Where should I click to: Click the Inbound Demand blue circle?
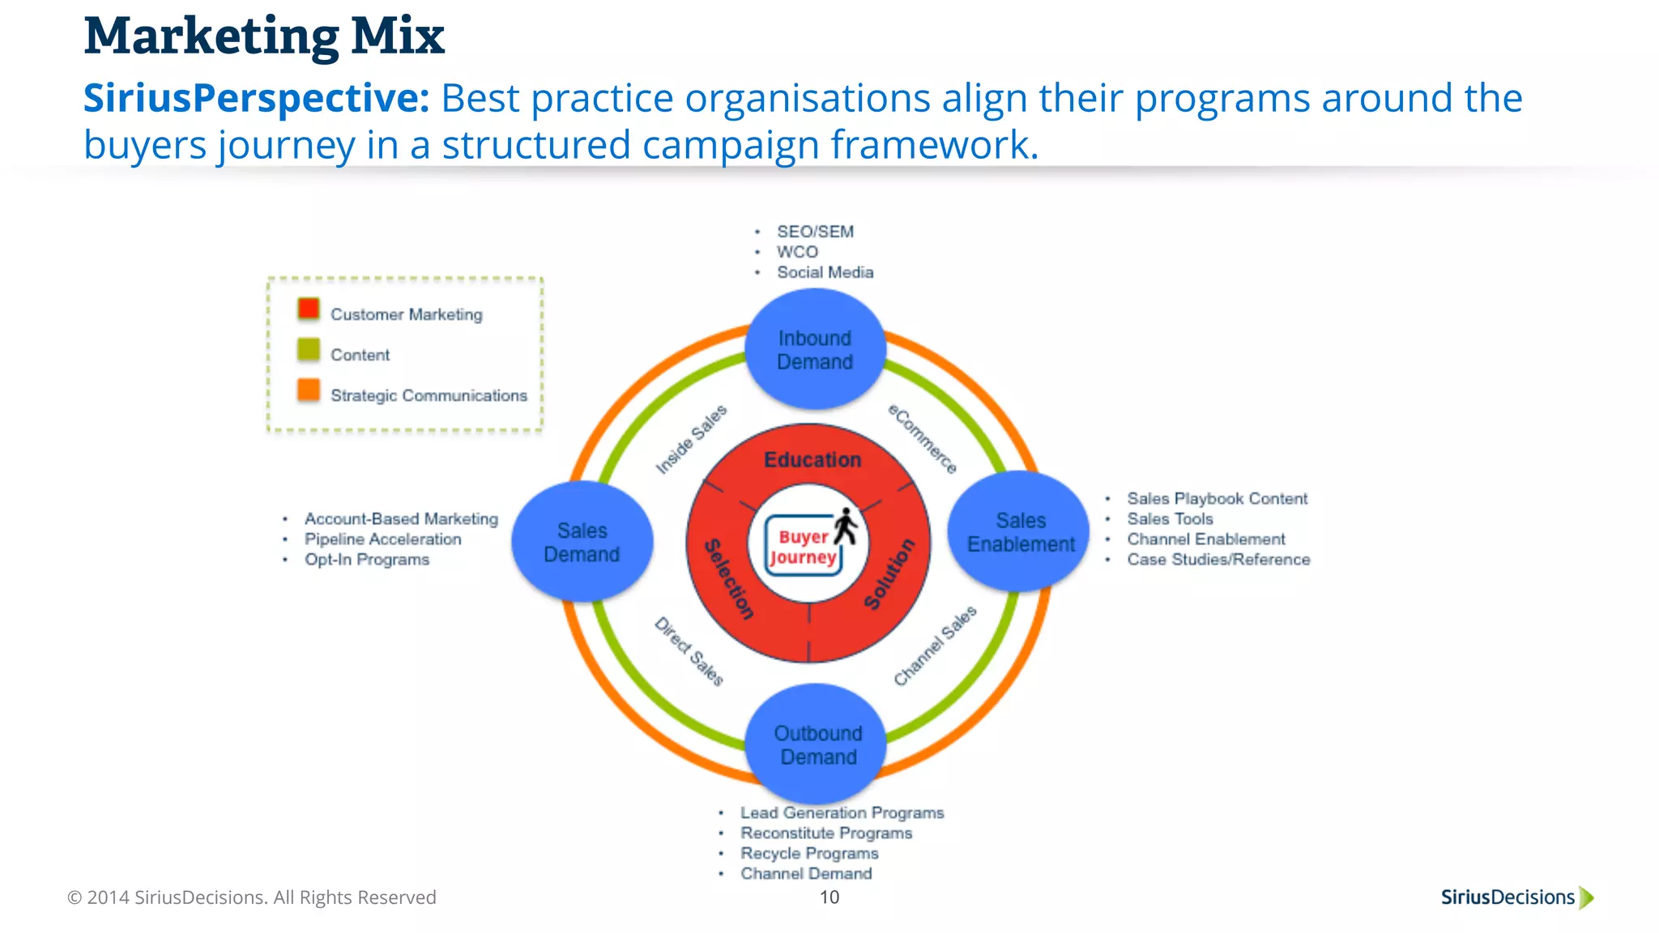click(815, 350)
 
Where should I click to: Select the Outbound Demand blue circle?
click(816, 744)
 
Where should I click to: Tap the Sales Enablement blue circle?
click(1019, 531)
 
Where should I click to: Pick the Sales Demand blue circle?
click(582, 542)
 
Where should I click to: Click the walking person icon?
click(846, 526)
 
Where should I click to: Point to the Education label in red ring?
click(812, 460)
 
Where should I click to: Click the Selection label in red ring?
click(729, 579)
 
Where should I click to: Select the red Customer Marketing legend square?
click(309, 309)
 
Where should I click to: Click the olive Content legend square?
click(309, 349)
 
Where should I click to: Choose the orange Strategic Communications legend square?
click(309, 390)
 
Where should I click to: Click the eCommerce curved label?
click(923, 438)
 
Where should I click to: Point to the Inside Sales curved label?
click(691, 439)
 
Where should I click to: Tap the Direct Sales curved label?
click(689, 651)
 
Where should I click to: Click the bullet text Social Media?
click(825, 272)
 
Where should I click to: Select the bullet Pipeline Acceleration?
click(382, 539)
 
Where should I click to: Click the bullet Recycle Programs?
click(808, 854)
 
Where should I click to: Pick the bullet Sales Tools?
click(1170, 519)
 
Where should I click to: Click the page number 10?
click(829, 897)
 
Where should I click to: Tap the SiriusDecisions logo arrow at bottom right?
click(1586, 897)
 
